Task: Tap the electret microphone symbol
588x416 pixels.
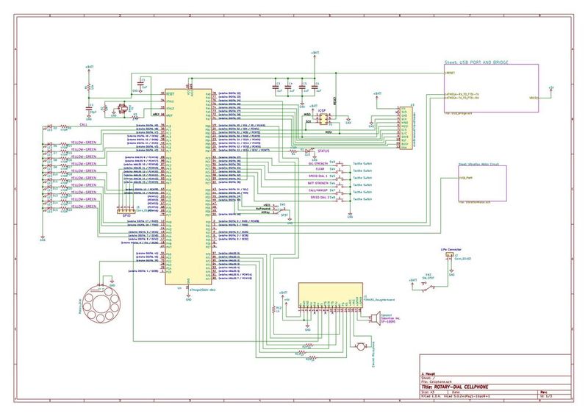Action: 361,346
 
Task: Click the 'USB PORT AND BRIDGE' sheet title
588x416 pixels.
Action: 477,63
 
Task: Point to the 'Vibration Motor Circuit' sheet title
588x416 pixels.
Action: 478,165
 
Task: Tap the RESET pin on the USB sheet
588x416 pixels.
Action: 450,74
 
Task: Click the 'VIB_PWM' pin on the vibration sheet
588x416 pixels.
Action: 465,178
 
